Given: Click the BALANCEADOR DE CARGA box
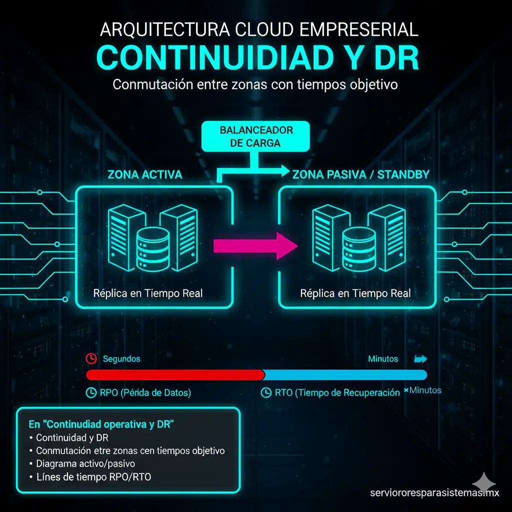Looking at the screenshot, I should pyautogui.click(x=255, y=136).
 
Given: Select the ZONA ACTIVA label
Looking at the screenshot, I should pyautogui.click(x=144, y=174).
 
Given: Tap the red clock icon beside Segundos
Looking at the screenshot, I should pyautogui.click(x=91, y=358).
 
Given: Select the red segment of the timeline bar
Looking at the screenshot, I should pyautogui.click(x=175, y=375).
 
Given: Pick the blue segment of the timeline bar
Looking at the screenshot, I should pyautogui.click(x=345, y=375).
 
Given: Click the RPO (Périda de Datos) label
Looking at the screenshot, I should pyautogui.click(x=145, y=393).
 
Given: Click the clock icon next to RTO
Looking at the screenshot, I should pyautogui.click(x=266, y=393).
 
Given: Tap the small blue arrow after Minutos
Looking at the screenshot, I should pyautogui.click(x=420, y=359).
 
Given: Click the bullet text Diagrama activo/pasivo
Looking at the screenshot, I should pyautogui.click(x=85, y=463).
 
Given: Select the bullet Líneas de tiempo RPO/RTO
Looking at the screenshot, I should pyautogui.click(x=93, y=477).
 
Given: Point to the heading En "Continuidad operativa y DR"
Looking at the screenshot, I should pyautogui.click(x=101, y=424).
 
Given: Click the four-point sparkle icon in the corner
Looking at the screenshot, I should pyautogui.click(x=484, y=483).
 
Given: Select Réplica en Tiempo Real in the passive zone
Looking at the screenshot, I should pyautogui.click(x=355, y=293).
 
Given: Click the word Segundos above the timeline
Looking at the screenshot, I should pyautogui.click(x=121, y=358).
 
